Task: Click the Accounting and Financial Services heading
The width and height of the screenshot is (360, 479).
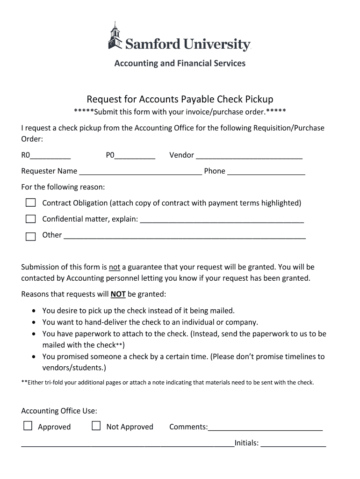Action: click(180, 63)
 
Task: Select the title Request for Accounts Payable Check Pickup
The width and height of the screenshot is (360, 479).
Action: click(180, 99)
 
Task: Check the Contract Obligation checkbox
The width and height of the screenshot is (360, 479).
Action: click(30, 203)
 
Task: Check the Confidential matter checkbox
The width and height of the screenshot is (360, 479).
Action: click(30, 219)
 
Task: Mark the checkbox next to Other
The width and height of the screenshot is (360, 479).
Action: click(30, 236)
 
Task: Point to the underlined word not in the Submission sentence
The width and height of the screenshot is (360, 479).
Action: click(115, 268)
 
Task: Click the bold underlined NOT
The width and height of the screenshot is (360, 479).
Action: click(118, 295)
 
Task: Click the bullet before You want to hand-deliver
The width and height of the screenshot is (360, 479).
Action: click(35, 322)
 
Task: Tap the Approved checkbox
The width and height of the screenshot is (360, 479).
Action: click(28, 426)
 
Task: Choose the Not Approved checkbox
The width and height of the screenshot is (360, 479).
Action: click(96, 426)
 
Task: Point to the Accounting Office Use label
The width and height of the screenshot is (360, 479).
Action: click(59, 411)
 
